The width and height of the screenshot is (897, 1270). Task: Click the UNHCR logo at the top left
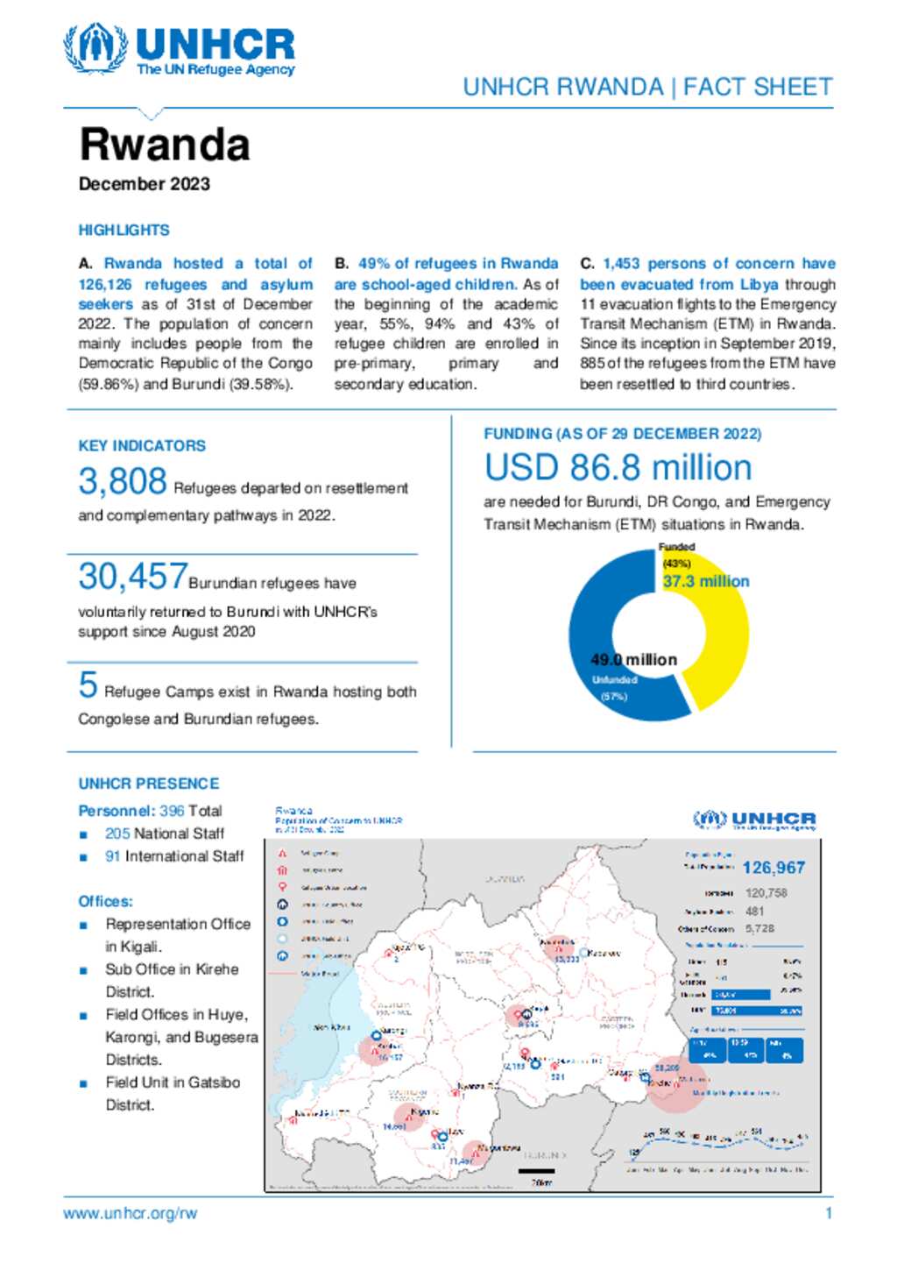tap(179, 50)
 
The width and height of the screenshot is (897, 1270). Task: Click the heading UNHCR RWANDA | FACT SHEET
tap(647, 88)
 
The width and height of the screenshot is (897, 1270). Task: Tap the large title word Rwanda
tap(165, 145)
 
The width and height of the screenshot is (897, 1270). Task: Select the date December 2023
tap(145, 184)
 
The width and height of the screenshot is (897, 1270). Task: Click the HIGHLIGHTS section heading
tap(124, 231)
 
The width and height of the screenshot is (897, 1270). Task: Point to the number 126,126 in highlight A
tap(105, 284)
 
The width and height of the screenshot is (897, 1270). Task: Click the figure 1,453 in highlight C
tap(621, 264)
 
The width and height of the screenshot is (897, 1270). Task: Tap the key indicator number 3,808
tap(122, 481)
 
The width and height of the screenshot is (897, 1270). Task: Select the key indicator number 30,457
tap(132, 577)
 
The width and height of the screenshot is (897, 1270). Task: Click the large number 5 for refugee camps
tap(88, 685)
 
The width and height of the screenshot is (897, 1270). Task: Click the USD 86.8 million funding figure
tap(618, 467)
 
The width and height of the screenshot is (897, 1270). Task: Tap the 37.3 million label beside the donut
tap(705, 581)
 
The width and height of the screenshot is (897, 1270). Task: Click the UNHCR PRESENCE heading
tap(149, 784)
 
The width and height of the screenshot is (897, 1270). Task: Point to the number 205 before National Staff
tap(117, 834)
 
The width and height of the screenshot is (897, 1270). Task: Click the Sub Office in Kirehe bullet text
tap(172, 969)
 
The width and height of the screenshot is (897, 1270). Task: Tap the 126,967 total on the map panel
tap(773, 868)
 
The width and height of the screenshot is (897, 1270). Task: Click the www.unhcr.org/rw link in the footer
tap(130, 1214)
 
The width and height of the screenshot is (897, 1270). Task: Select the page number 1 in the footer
tap(828, 1214)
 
